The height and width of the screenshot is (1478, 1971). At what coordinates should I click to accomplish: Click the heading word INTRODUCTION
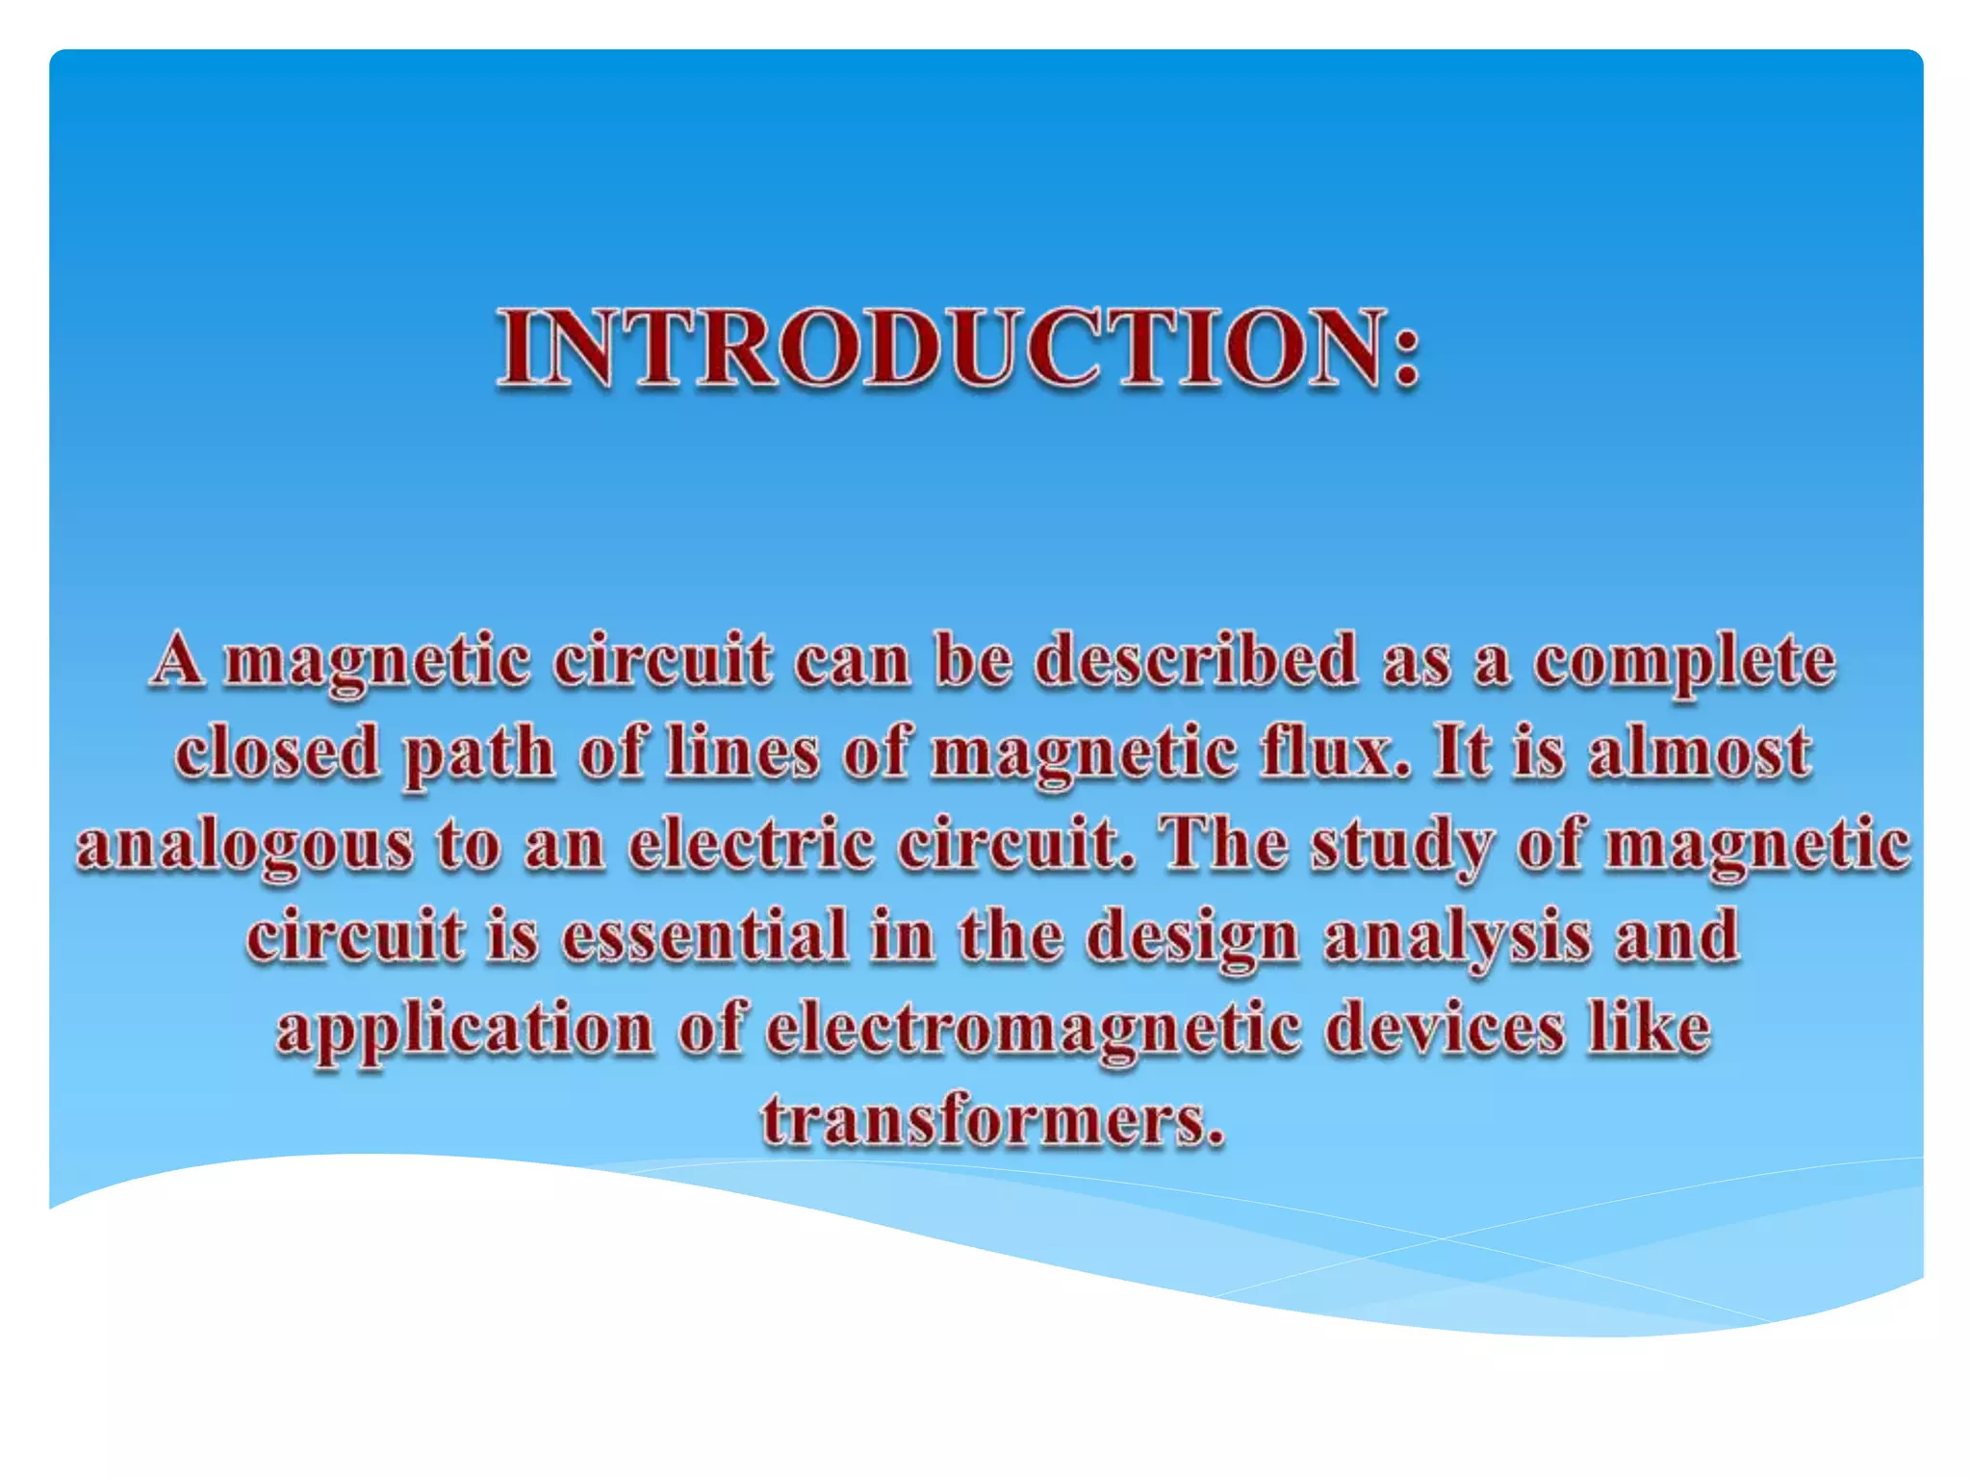click(943, 348)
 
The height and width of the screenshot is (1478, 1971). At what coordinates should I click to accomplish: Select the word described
click(1196, 661)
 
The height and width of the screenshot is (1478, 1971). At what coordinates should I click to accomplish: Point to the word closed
click(277, 752)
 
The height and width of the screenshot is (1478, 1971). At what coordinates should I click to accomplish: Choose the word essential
click(704, 935)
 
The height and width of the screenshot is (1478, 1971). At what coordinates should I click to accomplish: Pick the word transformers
click(992, 1121)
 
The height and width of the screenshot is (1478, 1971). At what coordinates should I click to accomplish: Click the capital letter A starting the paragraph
click(178, 660)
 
